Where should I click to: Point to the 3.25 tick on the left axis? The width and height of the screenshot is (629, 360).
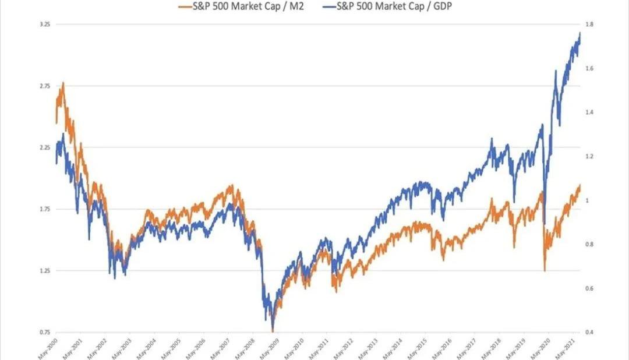pyautogui.click(x=44, y=24)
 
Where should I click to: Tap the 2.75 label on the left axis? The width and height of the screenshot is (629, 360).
pyautogui.click(x=44, y=86)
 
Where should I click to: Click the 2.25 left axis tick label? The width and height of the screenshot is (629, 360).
pyautogui.click(x=44, y=147)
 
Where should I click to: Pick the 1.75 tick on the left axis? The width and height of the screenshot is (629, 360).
pyautogui.click(x=44, y=209)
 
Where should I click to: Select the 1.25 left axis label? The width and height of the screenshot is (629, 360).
pyautogui.click(x=44, y=270)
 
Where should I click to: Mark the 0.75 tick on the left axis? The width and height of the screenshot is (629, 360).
pyautogui.click(x=44, y=332)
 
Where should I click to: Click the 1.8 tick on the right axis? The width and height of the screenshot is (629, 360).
pyautogui.click(x=589, y=24)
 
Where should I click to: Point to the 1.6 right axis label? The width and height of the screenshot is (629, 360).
pyautogui.click(x=589, y=69)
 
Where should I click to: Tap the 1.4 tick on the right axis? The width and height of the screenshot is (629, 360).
pyautogui.click(x=589, y=112)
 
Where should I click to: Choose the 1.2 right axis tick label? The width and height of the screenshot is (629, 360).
pyautogui.click(x=589, y=157)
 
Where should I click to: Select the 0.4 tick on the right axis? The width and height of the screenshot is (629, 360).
pyautogui.click(x=589, y=332)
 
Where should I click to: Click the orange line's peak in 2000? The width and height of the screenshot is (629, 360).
pyautogui.click(x=63, y=83)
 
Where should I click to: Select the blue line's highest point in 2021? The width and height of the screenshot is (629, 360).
pyautogui.click(x=580, y=33)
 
